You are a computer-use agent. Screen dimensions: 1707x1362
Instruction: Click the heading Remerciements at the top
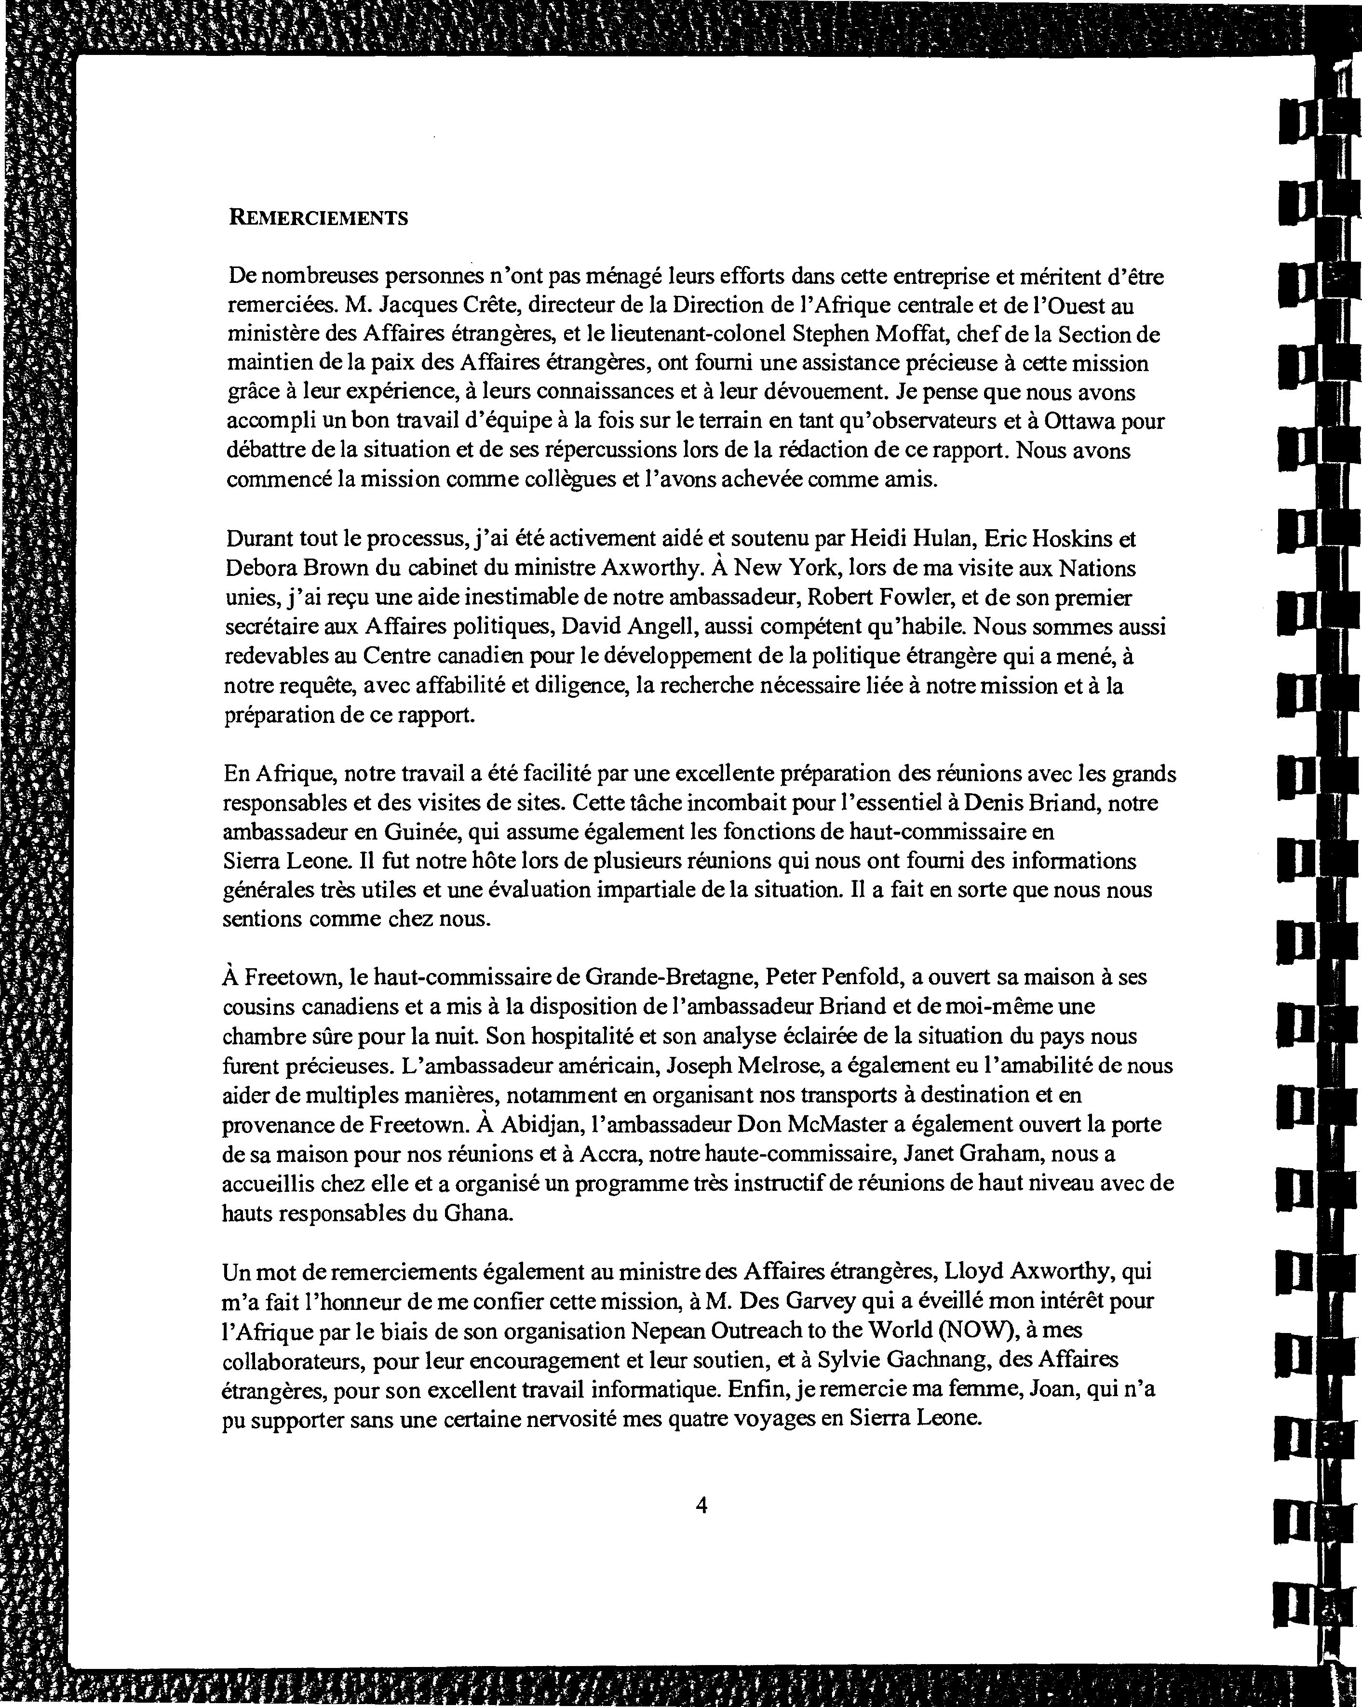[318, 218]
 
